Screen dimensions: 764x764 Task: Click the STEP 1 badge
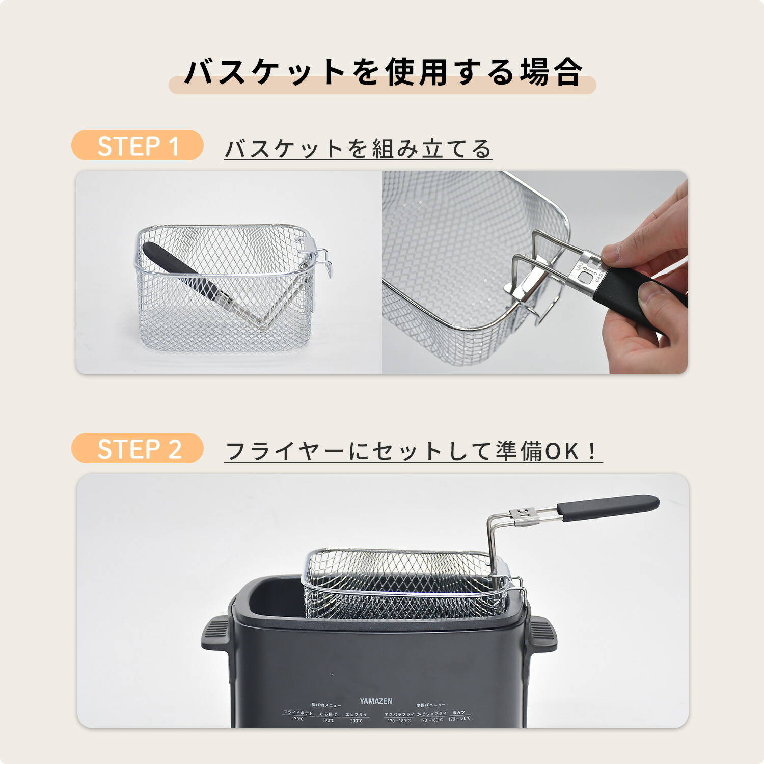click(x=138, y=146)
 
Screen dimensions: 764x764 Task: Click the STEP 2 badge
click(x=138, y=449)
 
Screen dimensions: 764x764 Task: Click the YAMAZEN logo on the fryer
click(x=376, y=701)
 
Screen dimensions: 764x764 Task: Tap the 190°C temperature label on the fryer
click(x=329, y=720)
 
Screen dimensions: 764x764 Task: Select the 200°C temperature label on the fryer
click(x=357, y=720)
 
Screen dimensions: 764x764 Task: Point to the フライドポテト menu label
click(x=298, y=713)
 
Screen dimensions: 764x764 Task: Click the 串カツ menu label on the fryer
click(x=458, y=713)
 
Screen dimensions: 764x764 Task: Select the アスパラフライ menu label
click(x=399, y=714)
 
